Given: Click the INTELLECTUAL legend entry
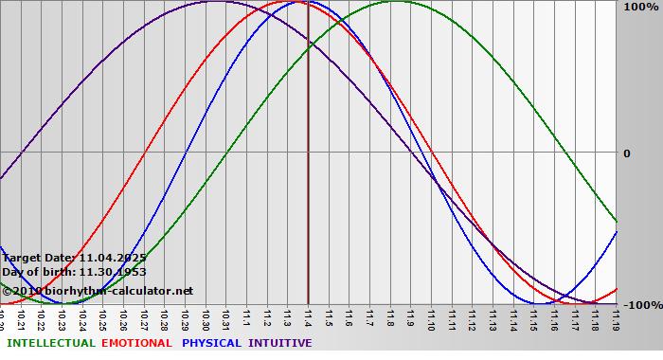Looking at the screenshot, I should pos(50,343).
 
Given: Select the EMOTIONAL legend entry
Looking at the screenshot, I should pos(136,343).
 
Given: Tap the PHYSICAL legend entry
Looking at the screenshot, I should pos(212,343).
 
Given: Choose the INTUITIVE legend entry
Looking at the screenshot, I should pos(279,343).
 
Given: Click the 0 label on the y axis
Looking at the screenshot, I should pos(625,153).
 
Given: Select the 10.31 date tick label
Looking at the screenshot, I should pos(225,317).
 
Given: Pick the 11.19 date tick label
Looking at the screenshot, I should pos(617,317).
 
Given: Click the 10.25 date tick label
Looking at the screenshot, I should pos(102,317).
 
